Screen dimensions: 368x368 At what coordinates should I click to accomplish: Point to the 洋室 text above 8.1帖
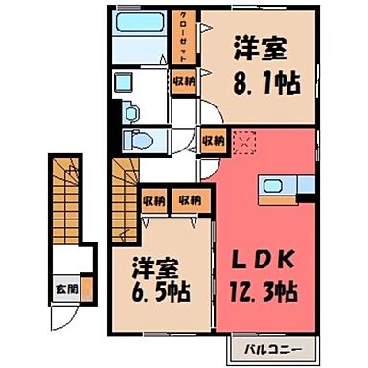point(259,48)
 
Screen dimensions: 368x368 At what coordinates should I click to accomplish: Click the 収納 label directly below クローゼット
point(183,83)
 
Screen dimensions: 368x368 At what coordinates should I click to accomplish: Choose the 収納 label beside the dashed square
point(213,141)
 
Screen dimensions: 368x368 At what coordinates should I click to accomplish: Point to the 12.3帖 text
point(263,288)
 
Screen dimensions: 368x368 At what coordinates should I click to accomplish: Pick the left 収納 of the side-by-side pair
point(151,201)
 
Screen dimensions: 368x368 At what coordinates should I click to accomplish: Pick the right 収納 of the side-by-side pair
point(190,201)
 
